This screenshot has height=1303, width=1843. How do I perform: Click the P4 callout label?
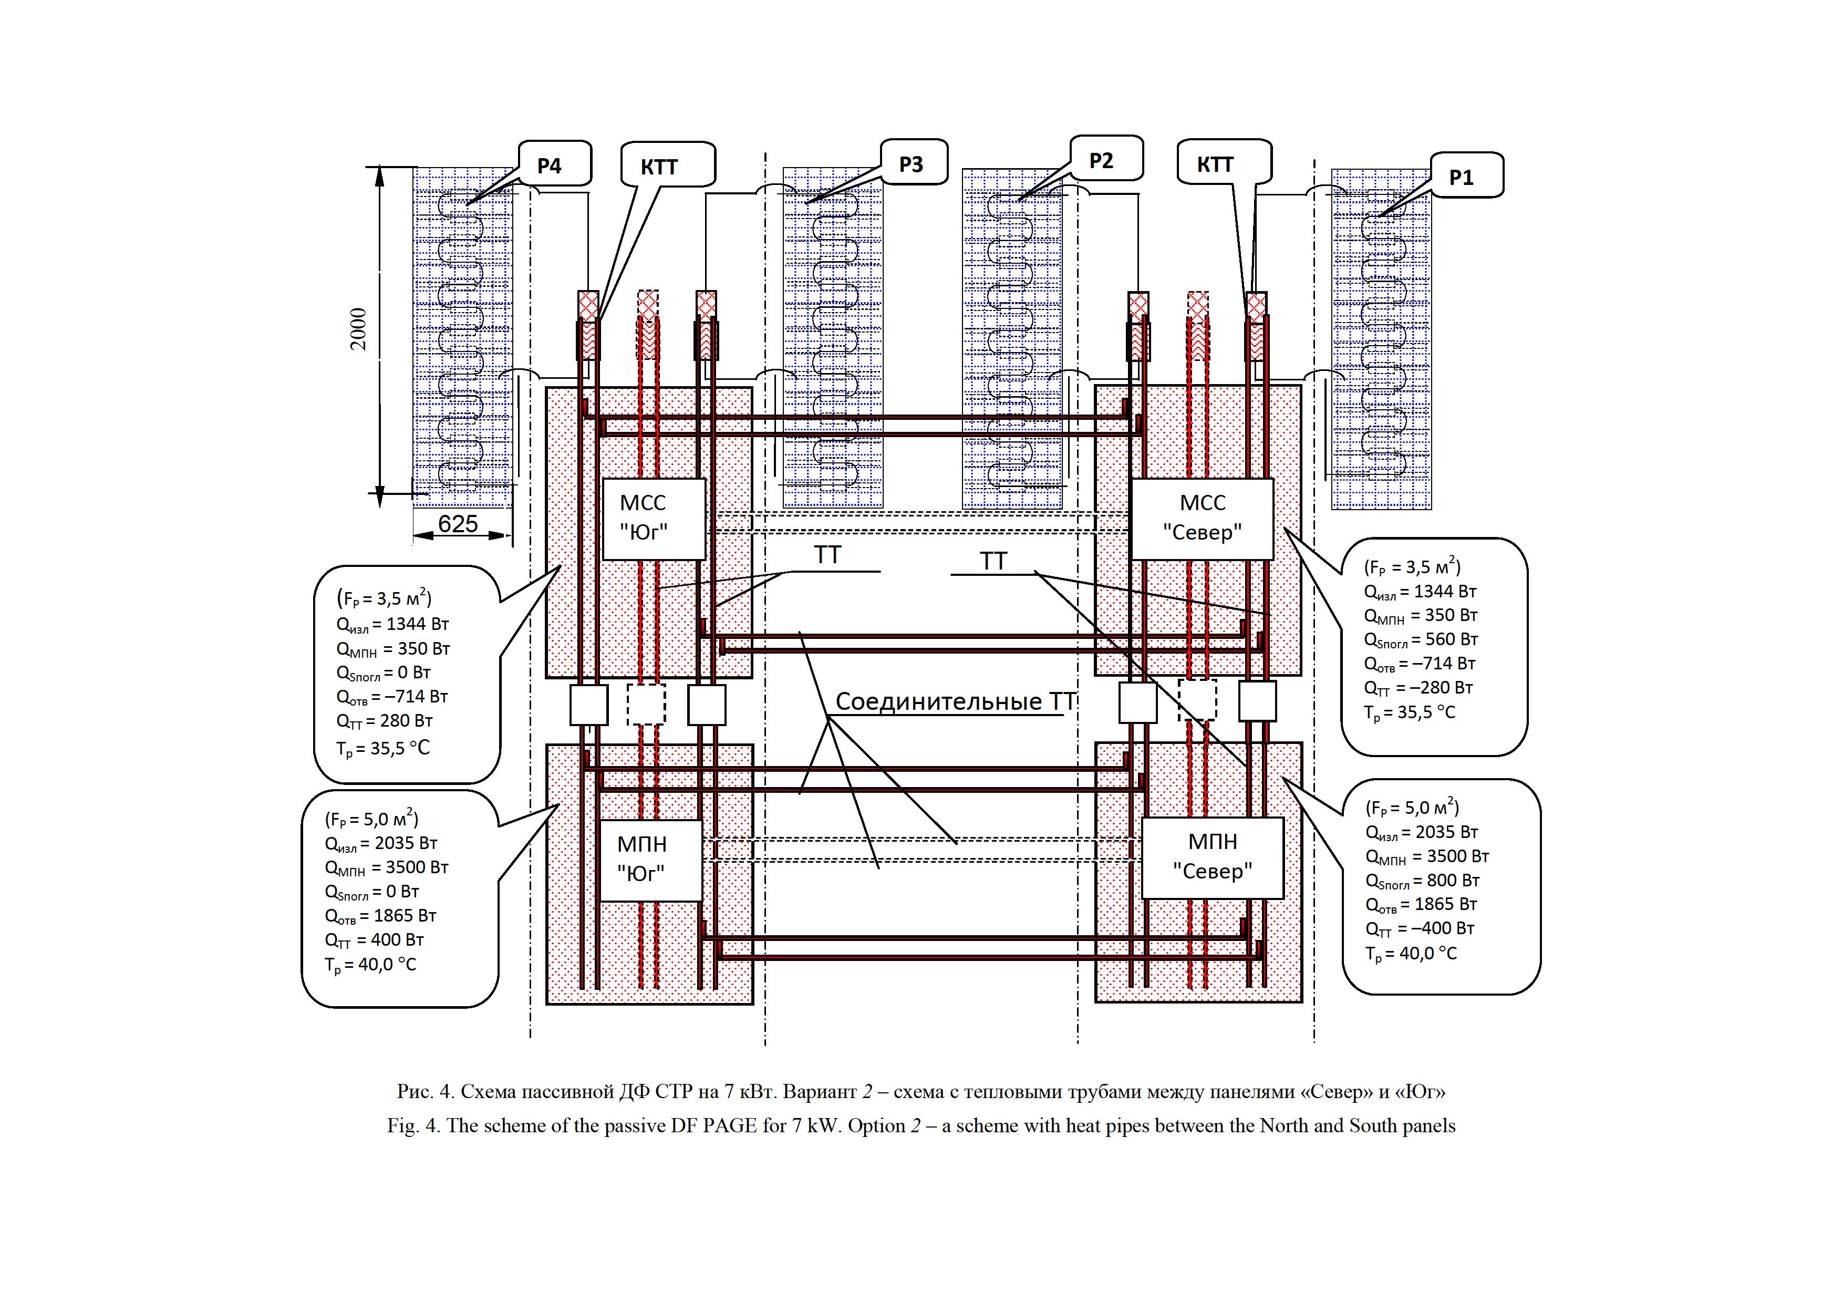550,166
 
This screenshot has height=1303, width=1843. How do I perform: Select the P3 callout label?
912,164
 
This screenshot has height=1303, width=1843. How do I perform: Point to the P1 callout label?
1461,178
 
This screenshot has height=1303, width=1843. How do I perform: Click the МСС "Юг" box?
654,519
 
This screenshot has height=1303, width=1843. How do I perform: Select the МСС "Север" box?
1202,519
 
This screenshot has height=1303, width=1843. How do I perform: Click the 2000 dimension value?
358,329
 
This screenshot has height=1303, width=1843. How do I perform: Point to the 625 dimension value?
458,524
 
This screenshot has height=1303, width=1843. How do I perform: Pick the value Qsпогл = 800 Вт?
1422,881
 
